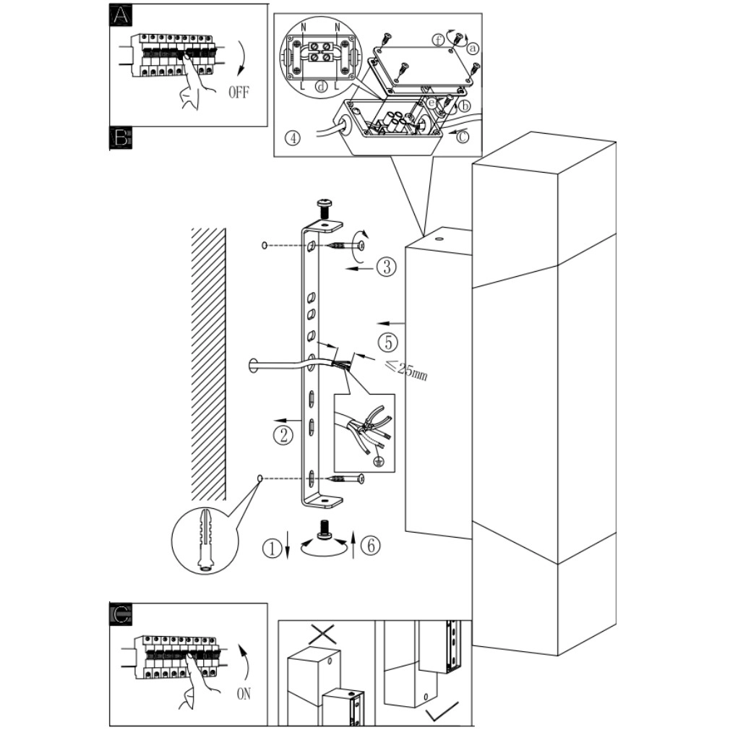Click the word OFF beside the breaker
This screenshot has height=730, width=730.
point(239,93)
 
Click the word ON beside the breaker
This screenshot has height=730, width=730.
point(244,694)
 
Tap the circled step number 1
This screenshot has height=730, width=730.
point(272,548)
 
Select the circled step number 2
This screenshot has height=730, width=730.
point(283,435)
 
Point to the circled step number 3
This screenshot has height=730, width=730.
point(387,267)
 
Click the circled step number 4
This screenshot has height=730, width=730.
point(293,138)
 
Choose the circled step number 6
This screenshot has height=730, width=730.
point(371,545)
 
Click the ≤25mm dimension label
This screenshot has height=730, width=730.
point(406,369)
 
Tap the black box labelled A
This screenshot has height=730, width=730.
point(121,15)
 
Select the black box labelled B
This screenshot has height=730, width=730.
point(121,138)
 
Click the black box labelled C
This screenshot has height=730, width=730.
point(121,614)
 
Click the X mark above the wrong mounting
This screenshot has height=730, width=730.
point(323,634)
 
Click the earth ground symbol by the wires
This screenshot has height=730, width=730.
point(380,461)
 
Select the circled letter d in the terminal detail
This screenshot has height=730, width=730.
point(321,86)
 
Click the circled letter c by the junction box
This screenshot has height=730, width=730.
point(463,137)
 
